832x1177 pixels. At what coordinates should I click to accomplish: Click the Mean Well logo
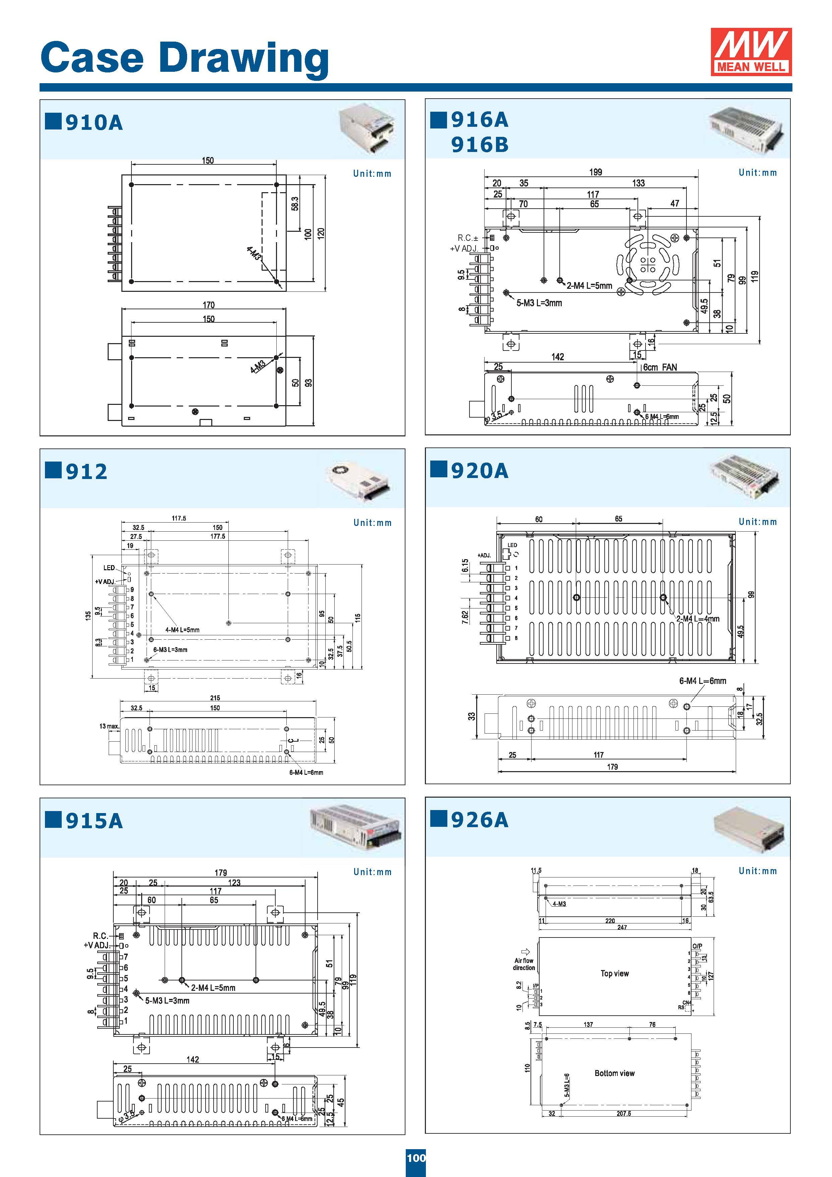751,52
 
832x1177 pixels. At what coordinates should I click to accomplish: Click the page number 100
416,1158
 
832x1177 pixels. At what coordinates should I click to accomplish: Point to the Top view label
614,973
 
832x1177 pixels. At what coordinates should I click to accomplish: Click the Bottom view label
614,1073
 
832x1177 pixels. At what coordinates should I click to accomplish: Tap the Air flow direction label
524,964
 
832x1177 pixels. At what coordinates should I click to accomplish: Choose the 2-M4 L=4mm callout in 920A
697,619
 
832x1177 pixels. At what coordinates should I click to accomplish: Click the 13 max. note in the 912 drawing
109,726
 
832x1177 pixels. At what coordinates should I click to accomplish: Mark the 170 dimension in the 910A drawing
208,305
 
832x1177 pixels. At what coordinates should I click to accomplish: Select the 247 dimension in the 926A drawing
622,927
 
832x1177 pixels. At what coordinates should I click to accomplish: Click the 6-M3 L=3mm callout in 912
170,649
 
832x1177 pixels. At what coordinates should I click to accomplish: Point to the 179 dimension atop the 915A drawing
220,872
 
